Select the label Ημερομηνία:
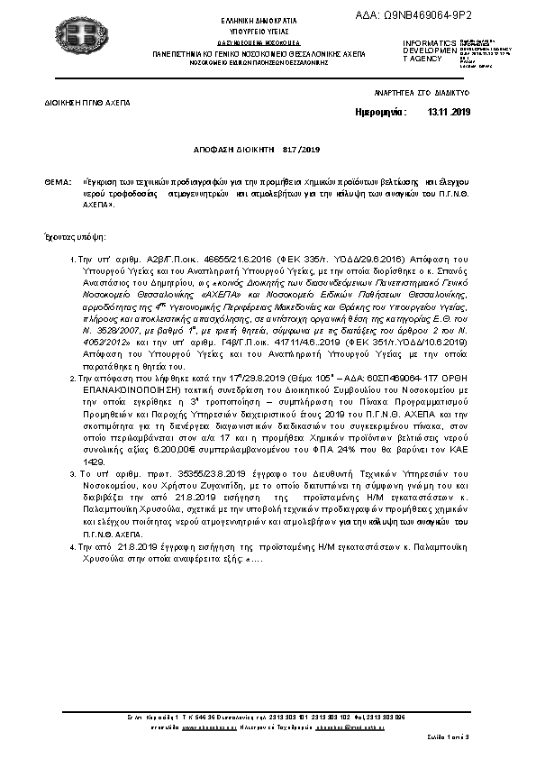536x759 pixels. click(x=382, y=112)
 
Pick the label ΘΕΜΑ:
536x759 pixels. click(x=58, y=182)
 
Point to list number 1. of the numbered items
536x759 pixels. click(x=72, y=260)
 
